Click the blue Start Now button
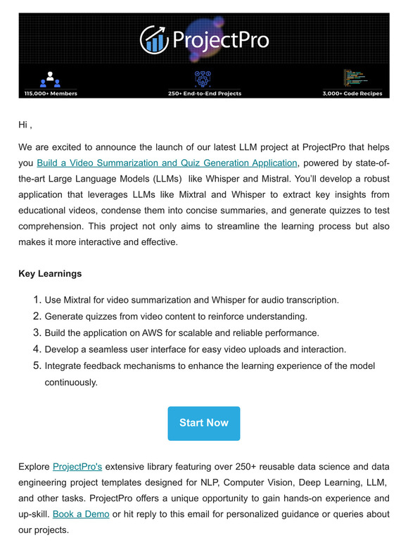tap(203, 423)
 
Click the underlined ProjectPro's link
tap(77, 467)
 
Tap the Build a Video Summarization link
tap(167, 163)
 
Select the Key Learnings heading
tap(50, 274)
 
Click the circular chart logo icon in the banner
tap(153, 39)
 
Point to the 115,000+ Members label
tap(51, 93)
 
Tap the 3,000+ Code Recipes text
tap(352, 93)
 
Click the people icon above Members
tap(50, 77)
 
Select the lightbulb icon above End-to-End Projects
tap(203, 77)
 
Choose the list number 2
tap(37, 316)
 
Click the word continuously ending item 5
tap(71, 383)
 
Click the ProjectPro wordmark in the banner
tap(220, 39)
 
